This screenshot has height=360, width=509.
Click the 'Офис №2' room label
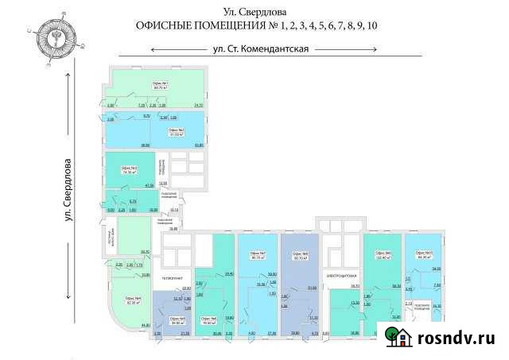(x=176, y=131)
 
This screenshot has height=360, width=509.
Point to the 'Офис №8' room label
(x=300, y=256)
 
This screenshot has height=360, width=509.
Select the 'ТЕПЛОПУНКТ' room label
(x=173, y=278)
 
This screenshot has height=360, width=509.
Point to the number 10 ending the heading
(x=373, y=25)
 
